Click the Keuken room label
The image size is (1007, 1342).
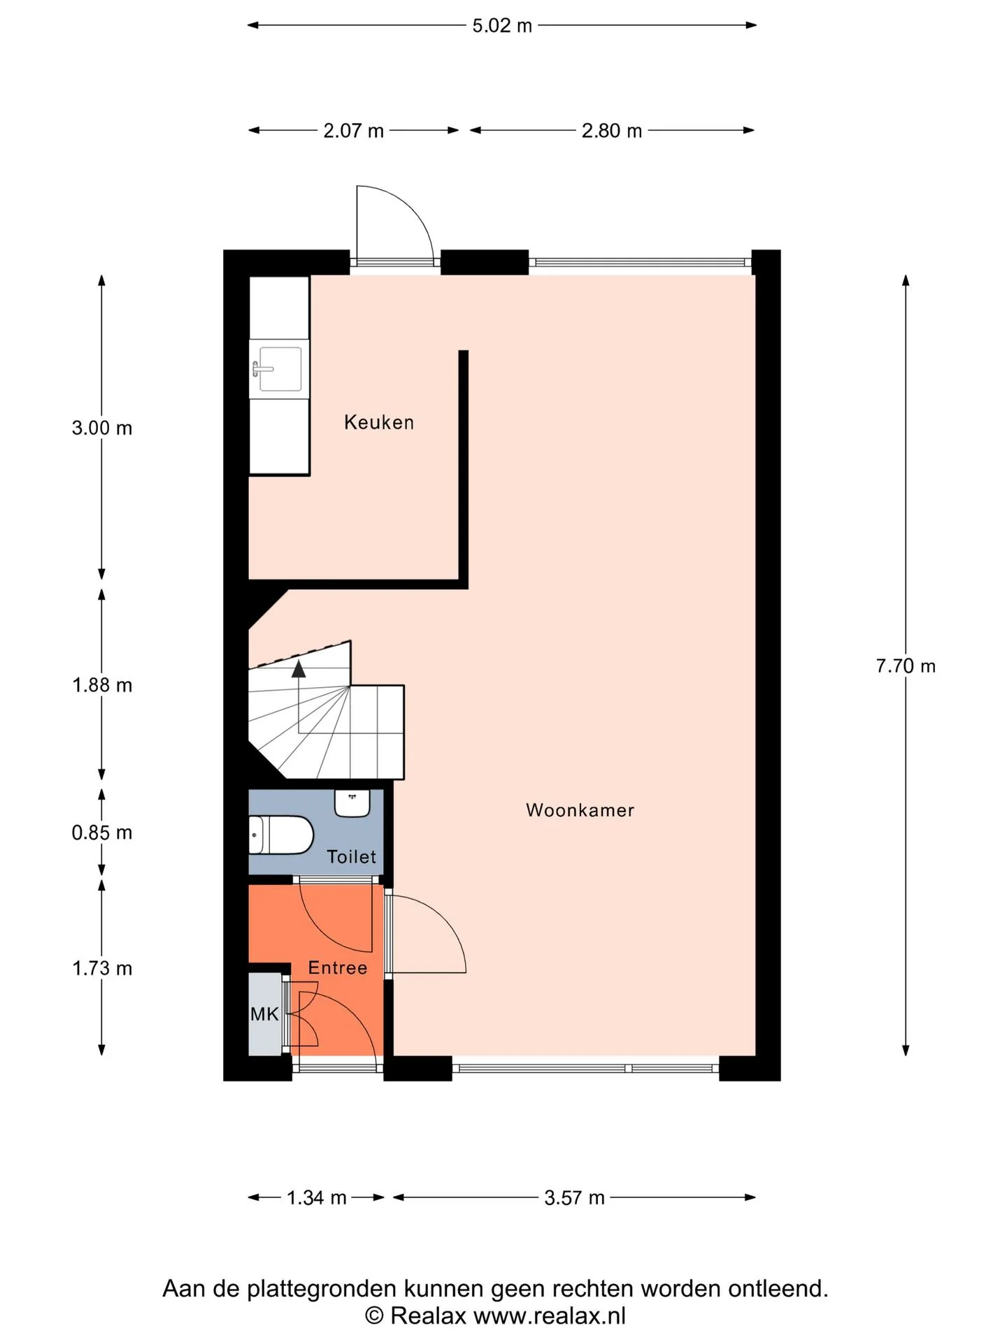pyautogui.click(x=379, y=422)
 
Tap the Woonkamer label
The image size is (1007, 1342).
pyautogui.click(x=580, y=810)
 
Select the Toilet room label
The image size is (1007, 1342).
pyautogui.click(x=351, y=856)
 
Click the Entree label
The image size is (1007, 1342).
pyautogui.click(x=338, y=967)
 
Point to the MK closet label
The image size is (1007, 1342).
pyautogui.click(x=264, y=1013)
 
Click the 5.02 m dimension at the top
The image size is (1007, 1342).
pyautogui.click(x=502, y=26)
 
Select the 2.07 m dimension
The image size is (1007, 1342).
pyautogui.click(x=353, y=131)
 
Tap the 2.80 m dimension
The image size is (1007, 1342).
pyautogui.click(x=612, y=131)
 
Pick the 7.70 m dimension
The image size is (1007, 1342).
pyautogui.click(x=906, y=665)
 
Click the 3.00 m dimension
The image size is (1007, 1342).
pyautogui.click(x=102, y=428)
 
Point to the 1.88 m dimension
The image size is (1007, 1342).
pyautogui.click(x=102, y=685)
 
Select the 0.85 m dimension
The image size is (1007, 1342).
pyautogui.click(x=102, y=832)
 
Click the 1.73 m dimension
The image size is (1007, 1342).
pyautogui.click(x=102, y=968)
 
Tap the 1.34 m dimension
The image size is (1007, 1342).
pyautogui.click(x=317, y=1197)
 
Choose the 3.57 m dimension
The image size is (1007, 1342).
pyautogui.click(x=574, y=1197)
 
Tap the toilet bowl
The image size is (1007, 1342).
pyautogui.click(x=281, y=835)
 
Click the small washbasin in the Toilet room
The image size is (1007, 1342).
pyautogui.click(x=352, y=803)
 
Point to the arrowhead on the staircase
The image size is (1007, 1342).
pyautogui.click(x=299, y=669)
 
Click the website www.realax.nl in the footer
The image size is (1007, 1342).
pyautogui.click(x=550, y=1315)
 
